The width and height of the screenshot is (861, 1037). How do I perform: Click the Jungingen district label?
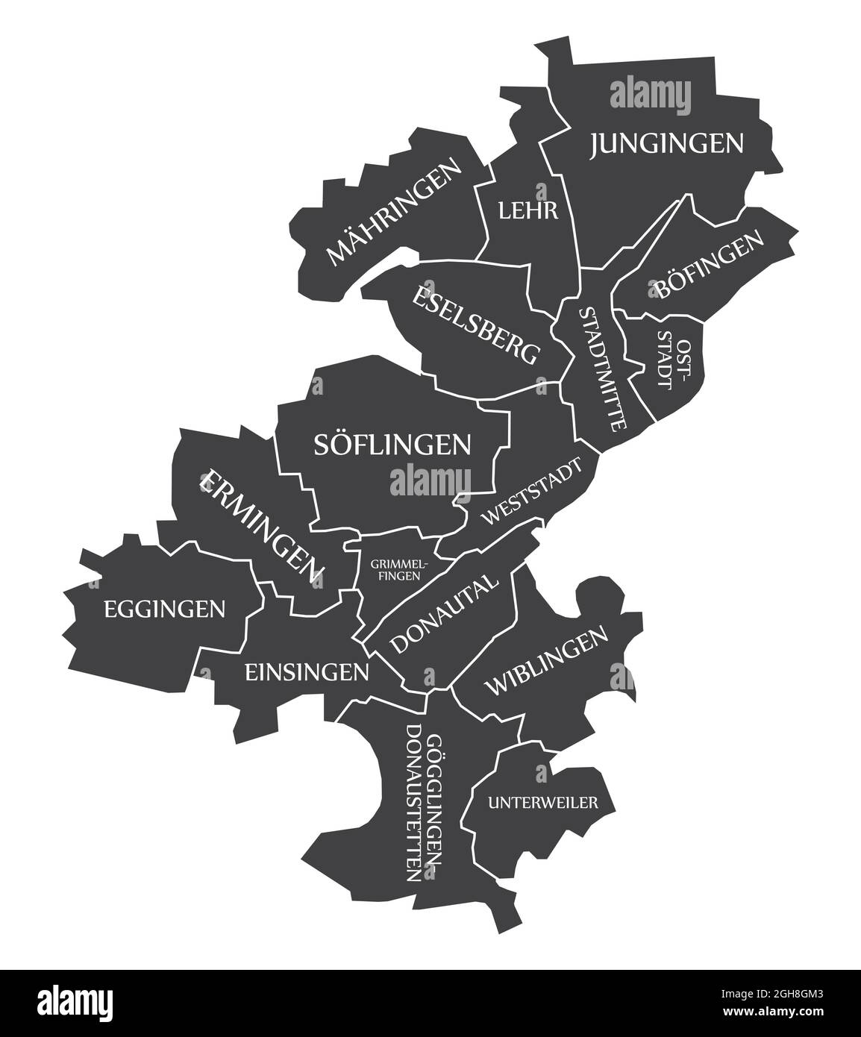coord(667,143)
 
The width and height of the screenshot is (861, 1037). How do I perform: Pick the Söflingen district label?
coord(392,445)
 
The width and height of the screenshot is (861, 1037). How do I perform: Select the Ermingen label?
coord(261,527)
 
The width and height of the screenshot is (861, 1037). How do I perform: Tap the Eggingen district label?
coord(164,610)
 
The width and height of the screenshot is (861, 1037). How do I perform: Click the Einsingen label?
coord(307,672)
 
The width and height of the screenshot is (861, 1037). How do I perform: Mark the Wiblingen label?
coord(547,661)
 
